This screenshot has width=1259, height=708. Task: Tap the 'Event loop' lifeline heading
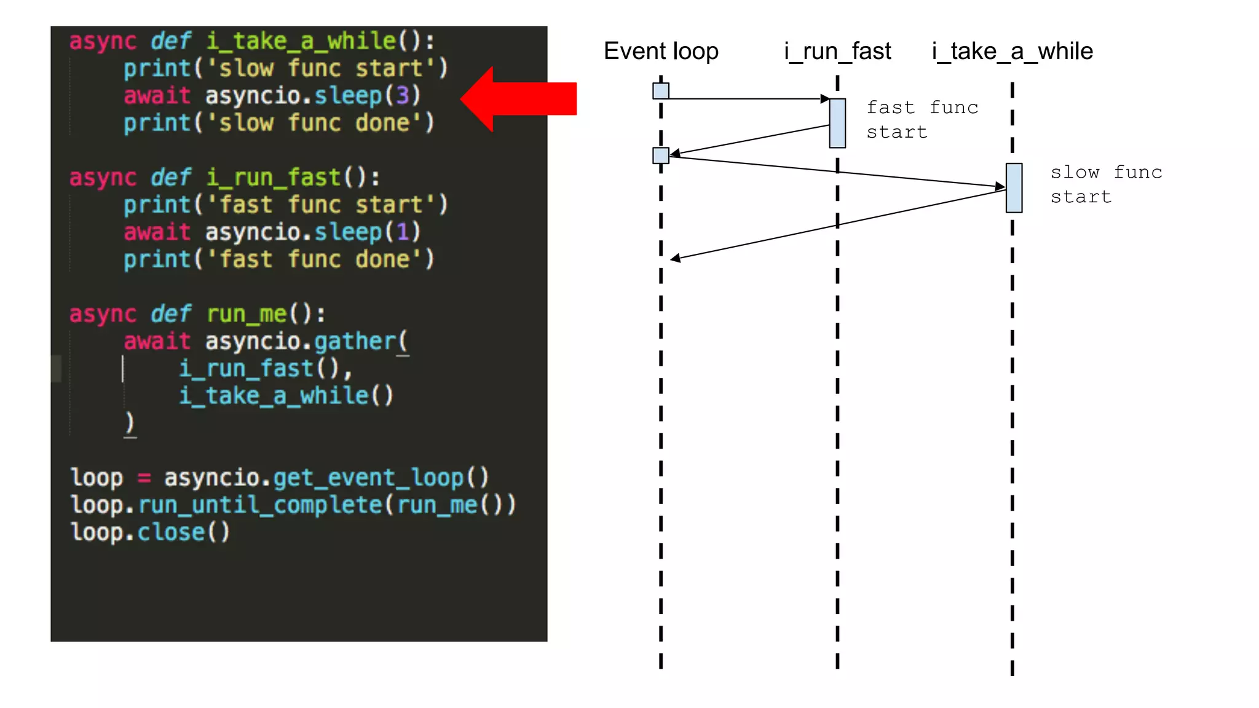pyautogui.click(x=661, y=51)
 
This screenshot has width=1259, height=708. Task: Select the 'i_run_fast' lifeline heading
pyautogui.click(x=837, y=51)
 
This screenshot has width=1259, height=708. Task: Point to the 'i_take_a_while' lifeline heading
pyautogui.click(x=1012, y=51)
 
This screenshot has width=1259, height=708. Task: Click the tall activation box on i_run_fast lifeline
pyautogui.click(x=837, y=123)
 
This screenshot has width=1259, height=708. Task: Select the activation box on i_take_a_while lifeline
pyautogui.click(x=1014, y=187)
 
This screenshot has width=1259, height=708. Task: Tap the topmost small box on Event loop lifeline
pyautogui.click(x=661, y=91)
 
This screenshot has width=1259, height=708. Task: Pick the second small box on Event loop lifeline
pyautogui.click(x=661, y=155)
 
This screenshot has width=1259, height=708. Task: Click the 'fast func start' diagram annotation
pyautogui.click(x=922, y=120)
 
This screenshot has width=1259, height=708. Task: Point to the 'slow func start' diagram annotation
pyautogui.click(x=1106, y=184)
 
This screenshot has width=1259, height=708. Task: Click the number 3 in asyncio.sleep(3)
pyautogui.click(x=403, y=95)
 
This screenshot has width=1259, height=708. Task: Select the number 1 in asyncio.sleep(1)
pyautogui.click(x=403, y=232)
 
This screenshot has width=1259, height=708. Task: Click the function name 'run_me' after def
pyautogui.click(x=247, y=314)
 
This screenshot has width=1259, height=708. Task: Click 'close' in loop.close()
pyautogui.click(x=171, y=532)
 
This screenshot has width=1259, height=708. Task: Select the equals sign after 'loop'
pyautogui.click(x=144, y=478)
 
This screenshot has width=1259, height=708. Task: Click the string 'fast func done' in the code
pyautogui.click(x=314, y=259)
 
